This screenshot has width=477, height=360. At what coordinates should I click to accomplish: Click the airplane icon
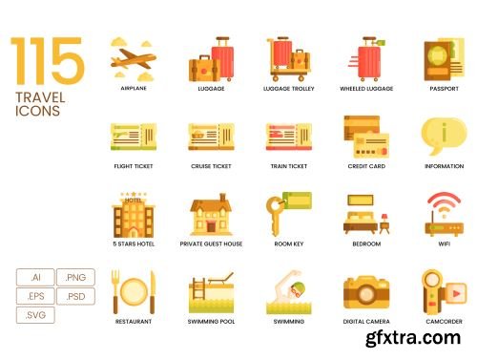[x=134, y=59]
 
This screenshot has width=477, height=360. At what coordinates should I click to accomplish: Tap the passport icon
[x=444, y=60]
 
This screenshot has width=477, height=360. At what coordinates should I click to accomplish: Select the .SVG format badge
[x=35, y=315]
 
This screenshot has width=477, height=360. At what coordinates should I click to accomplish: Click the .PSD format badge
[x=75, y=296]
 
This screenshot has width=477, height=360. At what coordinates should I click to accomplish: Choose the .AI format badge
[x=35, y=277]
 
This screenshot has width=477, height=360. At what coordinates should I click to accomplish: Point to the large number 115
[x=48, y=61]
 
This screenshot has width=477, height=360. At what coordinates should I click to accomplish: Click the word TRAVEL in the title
[x=40, y=97]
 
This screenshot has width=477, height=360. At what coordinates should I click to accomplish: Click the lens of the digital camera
[x=366, y=293]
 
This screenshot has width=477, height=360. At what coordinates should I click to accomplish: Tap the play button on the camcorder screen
[x=456, y=293]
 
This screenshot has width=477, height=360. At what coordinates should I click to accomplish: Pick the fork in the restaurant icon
[x=115, y=291]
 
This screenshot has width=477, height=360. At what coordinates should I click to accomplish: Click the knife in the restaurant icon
[x=153, y=292]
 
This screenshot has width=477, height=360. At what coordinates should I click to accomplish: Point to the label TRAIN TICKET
[x=289, y=166]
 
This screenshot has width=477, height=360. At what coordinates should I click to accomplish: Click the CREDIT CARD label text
[x=366, y=166]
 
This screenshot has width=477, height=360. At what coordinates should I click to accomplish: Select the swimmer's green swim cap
[x=300, y=286]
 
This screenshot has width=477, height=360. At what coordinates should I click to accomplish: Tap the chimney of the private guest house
[x=223, y=197]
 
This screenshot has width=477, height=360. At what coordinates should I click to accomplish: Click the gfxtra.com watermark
[x=413, y=338]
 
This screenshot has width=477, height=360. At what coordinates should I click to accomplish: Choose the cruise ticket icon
[x=211, y=137]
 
